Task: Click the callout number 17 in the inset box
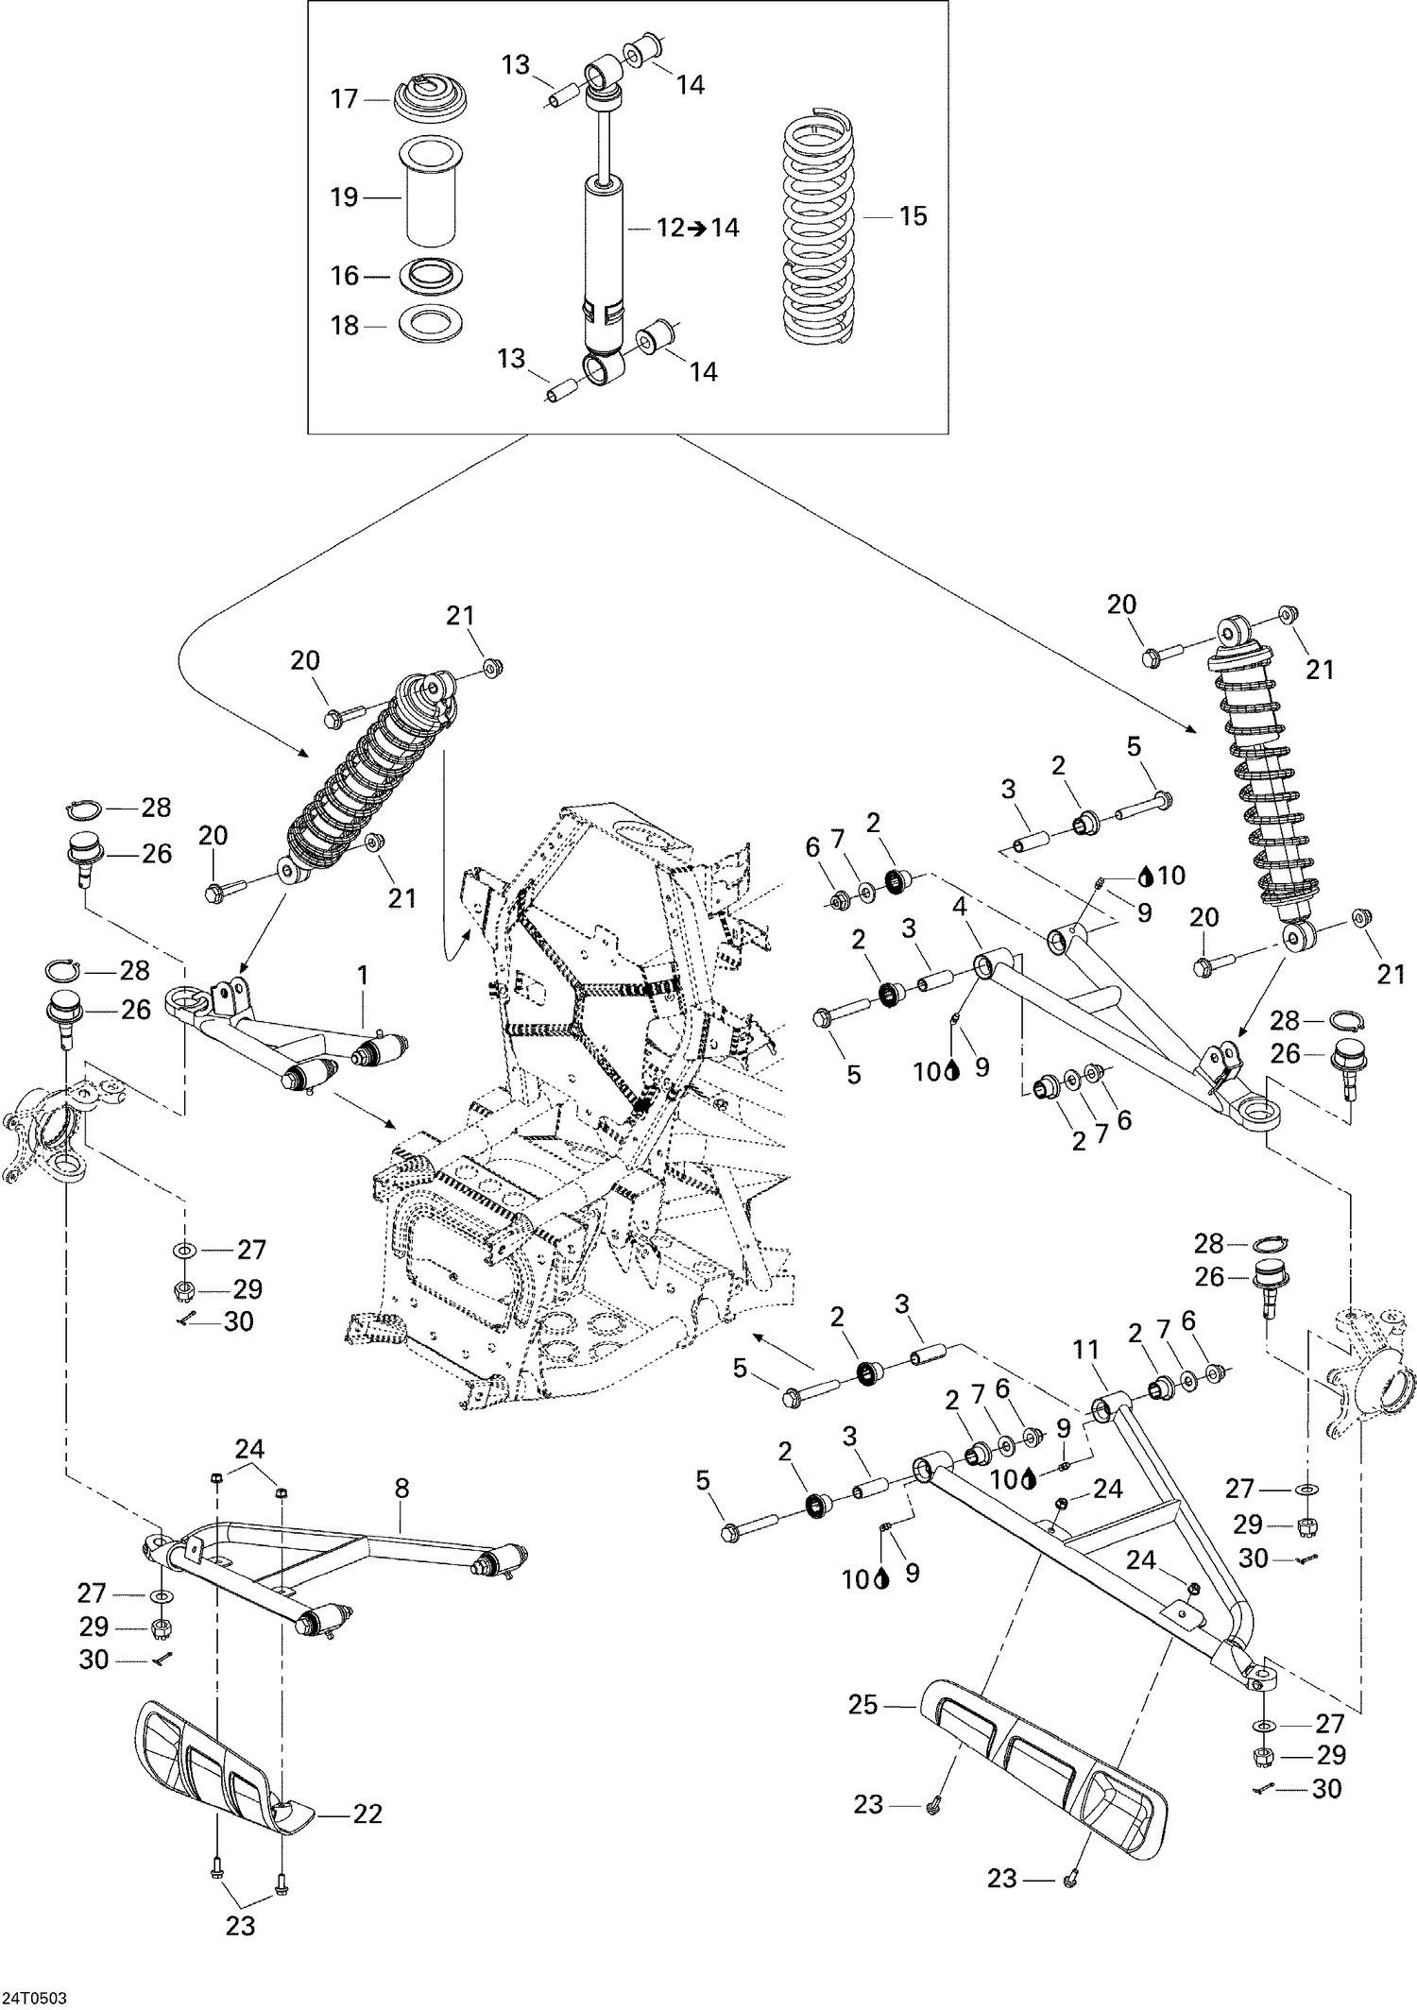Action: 344,98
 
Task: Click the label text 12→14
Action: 698,228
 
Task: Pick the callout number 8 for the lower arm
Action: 401,1489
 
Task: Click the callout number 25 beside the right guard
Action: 863,1705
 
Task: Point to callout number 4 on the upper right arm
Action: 960,907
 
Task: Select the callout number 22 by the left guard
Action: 367,1814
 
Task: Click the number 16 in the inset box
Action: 344,276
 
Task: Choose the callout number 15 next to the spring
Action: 913,215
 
